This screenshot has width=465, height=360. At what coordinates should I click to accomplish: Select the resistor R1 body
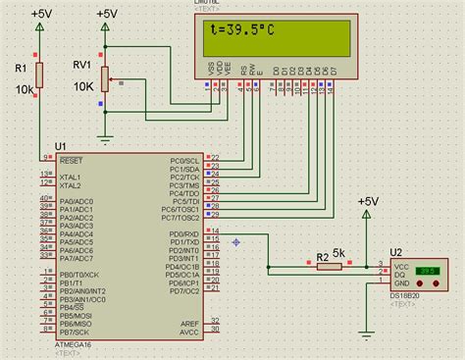(x=39, y=74)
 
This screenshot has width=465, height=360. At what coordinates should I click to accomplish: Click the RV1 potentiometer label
(x=81, y=66)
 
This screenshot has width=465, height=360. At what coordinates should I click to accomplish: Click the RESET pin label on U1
(x=72, y=158)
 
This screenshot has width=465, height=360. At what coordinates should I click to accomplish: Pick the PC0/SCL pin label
(x=185, y=158)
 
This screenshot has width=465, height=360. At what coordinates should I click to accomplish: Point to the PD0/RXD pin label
(x=184, y=234)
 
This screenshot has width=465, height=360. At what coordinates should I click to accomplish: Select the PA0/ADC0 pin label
(x=77, y=199)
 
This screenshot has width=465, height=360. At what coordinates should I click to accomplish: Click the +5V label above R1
(x=42, y=14)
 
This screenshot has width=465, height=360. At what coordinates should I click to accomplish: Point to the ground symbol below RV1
(x=105, y=138)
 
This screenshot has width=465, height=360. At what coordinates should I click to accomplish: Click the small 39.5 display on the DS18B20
(x=427, y=270)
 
